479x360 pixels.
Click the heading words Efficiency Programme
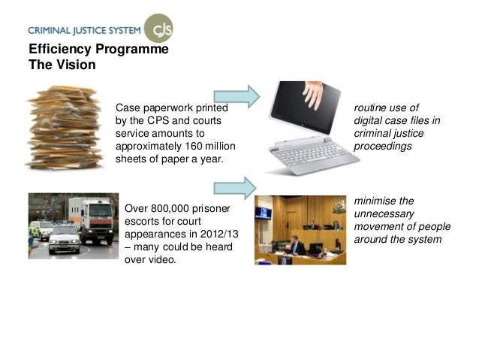[98, 50]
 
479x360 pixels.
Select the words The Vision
[62, 65]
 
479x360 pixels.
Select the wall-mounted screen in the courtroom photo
[264, 213]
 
